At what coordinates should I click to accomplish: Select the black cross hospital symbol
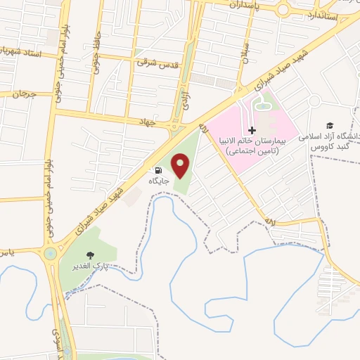coord(252,130)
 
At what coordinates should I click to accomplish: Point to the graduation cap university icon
coord(329,125)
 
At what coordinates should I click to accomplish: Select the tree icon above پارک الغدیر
coord(89,256)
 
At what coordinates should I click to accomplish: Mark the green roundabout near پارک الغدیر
coord(50,254)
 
